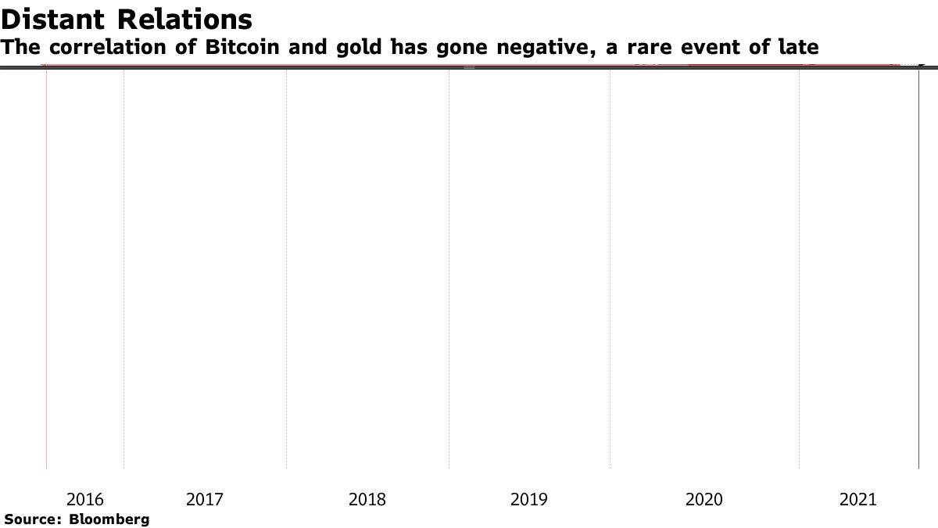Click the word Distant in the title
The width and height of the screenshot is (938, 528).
[55, 19]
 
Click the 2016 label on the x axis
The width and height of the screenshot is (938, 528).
[85, 499]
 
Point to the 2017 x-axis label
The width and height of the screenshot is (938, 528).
[205, 499]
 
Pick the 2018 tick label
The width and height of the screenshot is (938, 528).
[367, 499]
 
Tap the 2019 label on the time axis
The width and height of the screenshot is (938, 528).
[529, 499]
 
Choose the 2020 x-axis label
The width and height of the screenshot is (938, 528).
[704, 499]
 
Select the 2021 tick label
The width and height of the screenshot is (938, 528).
[858, 499]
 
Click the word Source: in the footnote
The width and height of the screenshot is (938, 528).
[34, 519]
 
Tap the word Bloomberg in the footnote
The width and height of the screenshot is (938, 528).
[109, 519]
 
